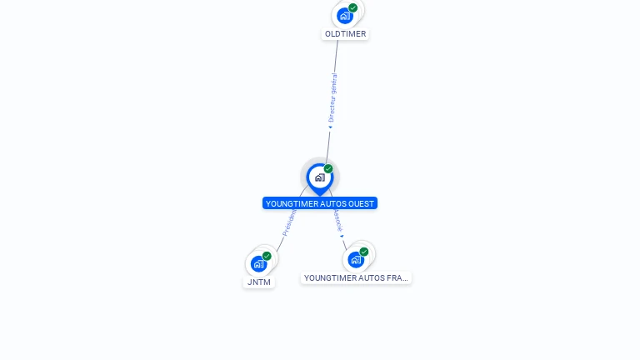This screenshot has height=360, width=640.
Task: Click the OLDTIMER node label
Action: tap(345, 34)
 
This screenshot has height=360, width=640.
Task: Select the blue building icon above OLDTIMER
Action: tap(344, 15)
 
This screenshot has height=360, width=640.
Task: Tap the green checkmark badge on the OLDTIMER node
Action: tap(353, 7)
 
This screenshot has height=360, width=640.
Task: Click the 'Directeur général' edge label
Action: tap(332, 97)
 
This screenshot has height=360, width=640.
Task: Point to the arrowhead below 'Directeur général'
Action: tap(330, 127)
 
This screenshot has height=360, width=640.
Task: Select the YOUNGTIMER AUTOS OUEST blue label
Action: tap(320, 203)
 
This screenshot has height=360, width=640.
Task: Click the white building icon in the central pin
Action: tap(319, 177)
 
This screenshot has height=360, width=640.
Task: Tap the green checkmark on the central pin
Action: tap(328, 169)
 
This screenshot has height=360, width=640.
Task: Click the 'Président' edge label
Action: tap(288, 223)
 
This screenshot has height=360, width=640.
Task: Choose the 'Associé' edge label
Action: tap(337, 220)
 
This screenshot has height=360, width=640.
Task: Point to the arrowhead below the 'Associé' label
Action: tap(342, 236)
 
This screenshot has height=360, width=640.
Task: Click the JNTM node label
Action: tap(259, 282)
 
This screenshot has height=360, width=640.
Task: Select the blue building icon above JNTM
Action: tap(258, 263)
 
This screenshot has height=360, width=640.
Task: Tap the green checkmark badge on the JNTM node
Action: tap(267, 256)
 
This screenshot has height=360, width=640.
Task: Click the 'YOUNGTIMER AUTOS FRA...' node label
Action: tap(356, 277)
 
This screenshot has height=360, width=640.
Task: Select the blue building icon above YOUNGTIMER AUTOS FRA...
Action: tap(356, 259)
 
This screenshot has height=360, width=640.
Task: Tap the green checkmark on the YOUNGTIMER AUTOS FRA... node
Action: tap(364, 252)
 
